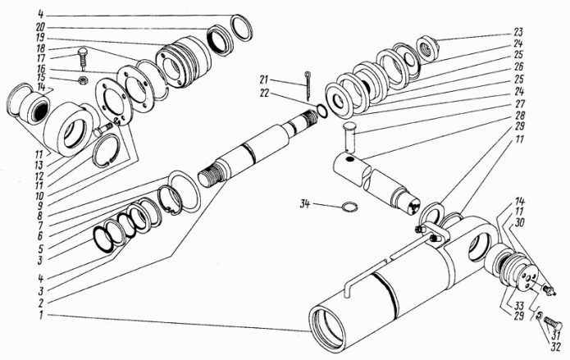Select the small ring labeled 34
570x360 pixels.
(x=348, y=207)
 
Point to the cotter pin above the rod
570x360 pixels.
(x=308, y=80)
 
